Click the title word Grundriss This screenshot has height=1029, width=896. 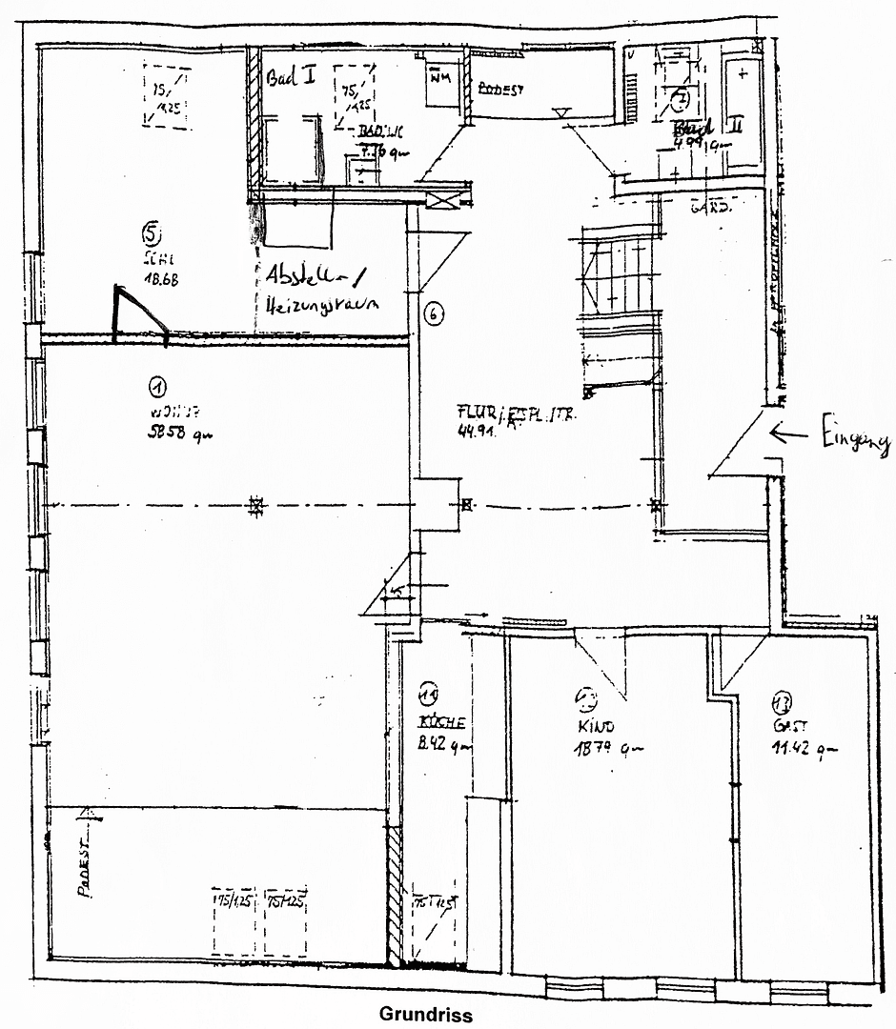426,1015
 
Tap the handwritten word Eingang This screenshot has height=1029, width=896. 852,440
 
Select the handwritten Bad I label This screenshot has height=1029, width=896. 292,78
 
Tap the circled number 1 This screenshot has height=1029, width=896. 157,386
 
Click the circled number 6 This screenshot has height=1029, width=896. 432,313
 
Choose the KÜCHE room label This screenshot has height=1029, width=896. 441,722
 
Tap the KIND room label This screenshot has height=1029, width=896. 589,726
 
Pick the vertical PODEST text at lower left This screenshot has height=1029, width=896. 86,871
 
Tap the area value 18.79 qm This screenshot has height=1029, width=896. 604,749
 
